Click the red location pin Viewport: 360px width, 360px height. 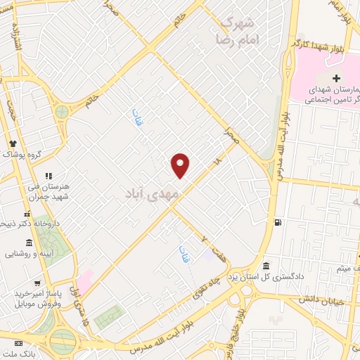pyautogui.click(x=181, y=165)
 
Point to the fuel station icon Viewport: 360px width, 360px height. pyautogui.click(x=278, y=223)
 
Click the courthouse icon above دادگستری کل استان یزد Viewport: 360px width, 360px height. pyautogui.click(x=265, y=266)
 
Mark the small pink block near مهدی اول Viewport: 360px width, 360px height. pyautogui.click(x=84, y=280)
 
